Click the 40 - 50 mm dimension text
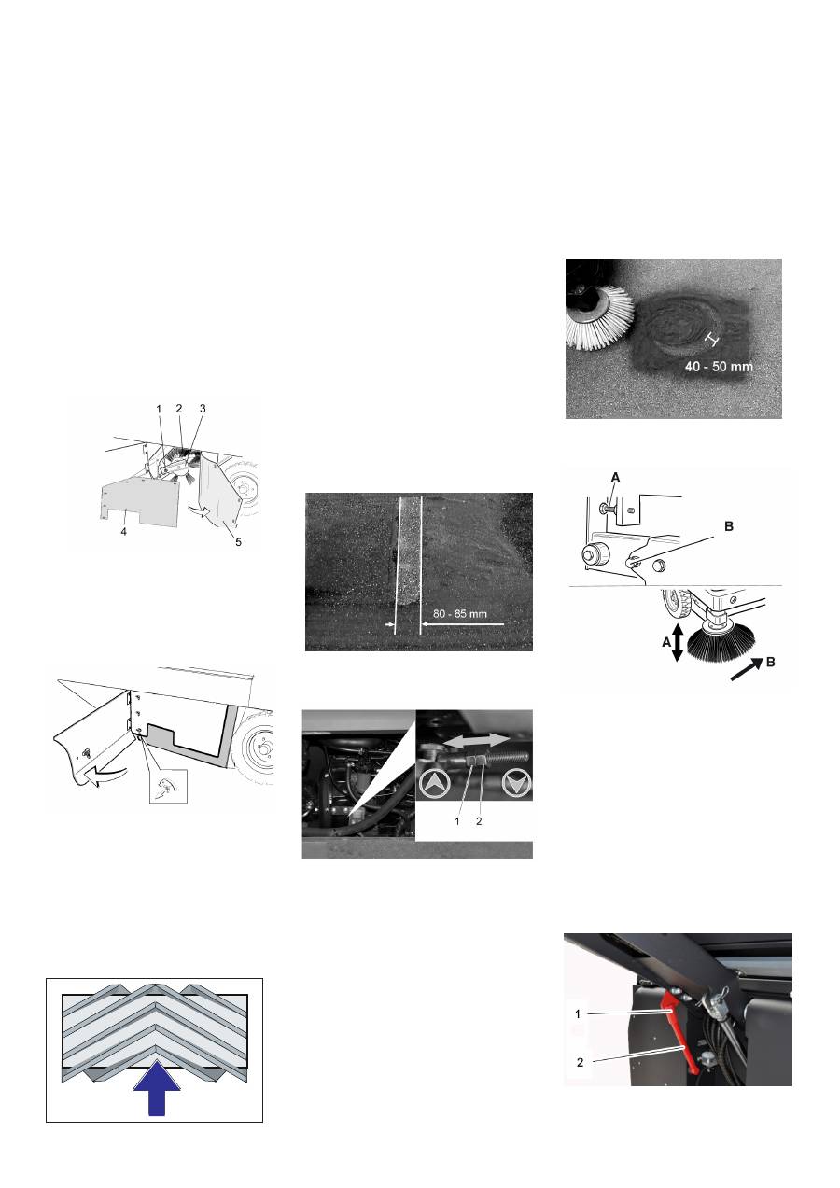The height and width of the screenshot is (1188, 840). point(719,368)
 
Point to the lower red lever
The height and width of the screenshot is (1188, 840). point(691,1059)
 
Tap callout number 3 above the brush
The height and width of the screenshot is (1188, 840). point(201,409)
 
